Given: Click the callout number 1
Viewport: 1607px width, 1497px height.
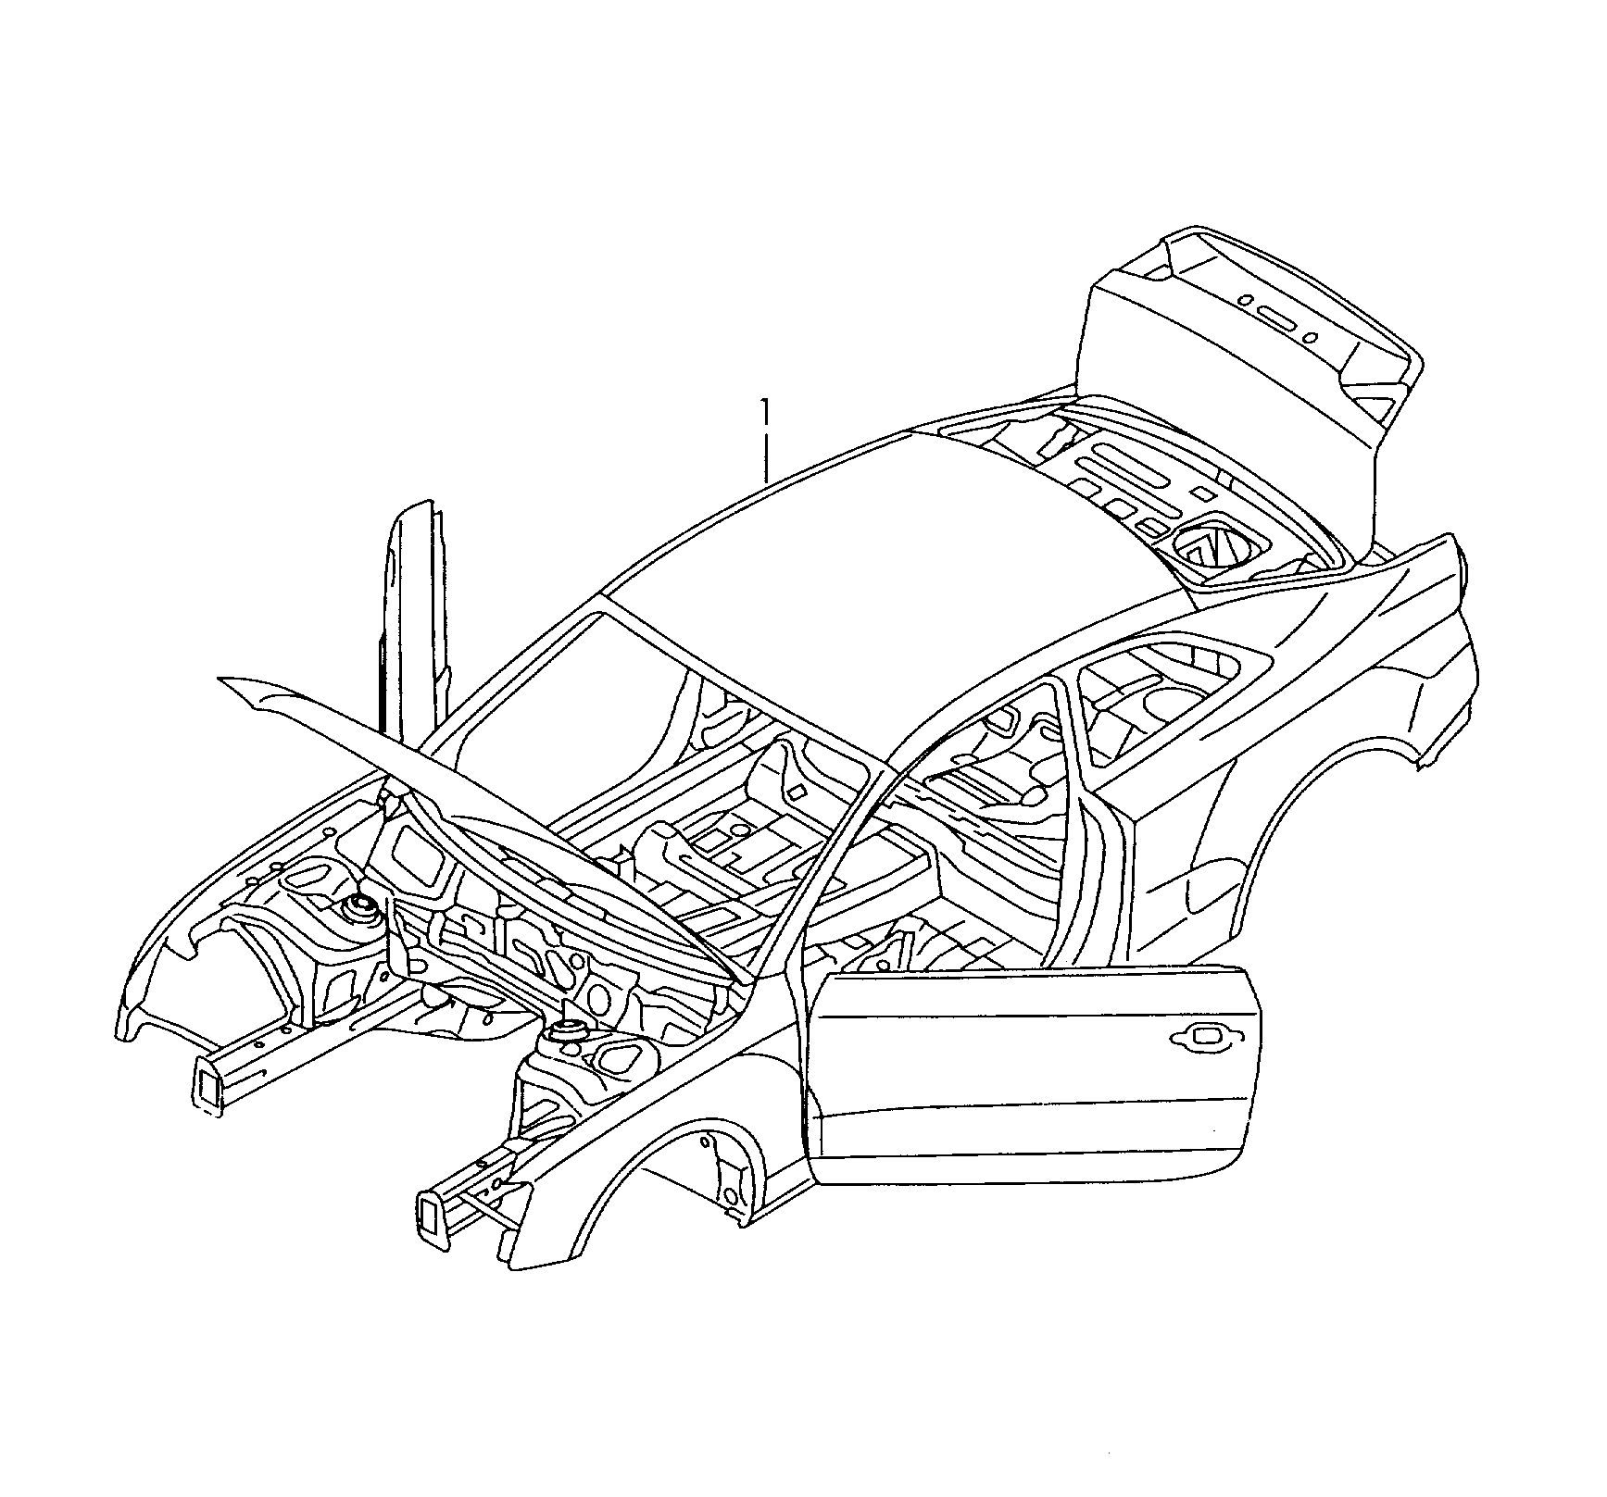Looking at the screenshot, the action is point(765,411).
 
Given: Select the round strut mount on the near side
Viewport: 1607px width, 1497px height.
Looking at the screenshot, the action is point(566,1032).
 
